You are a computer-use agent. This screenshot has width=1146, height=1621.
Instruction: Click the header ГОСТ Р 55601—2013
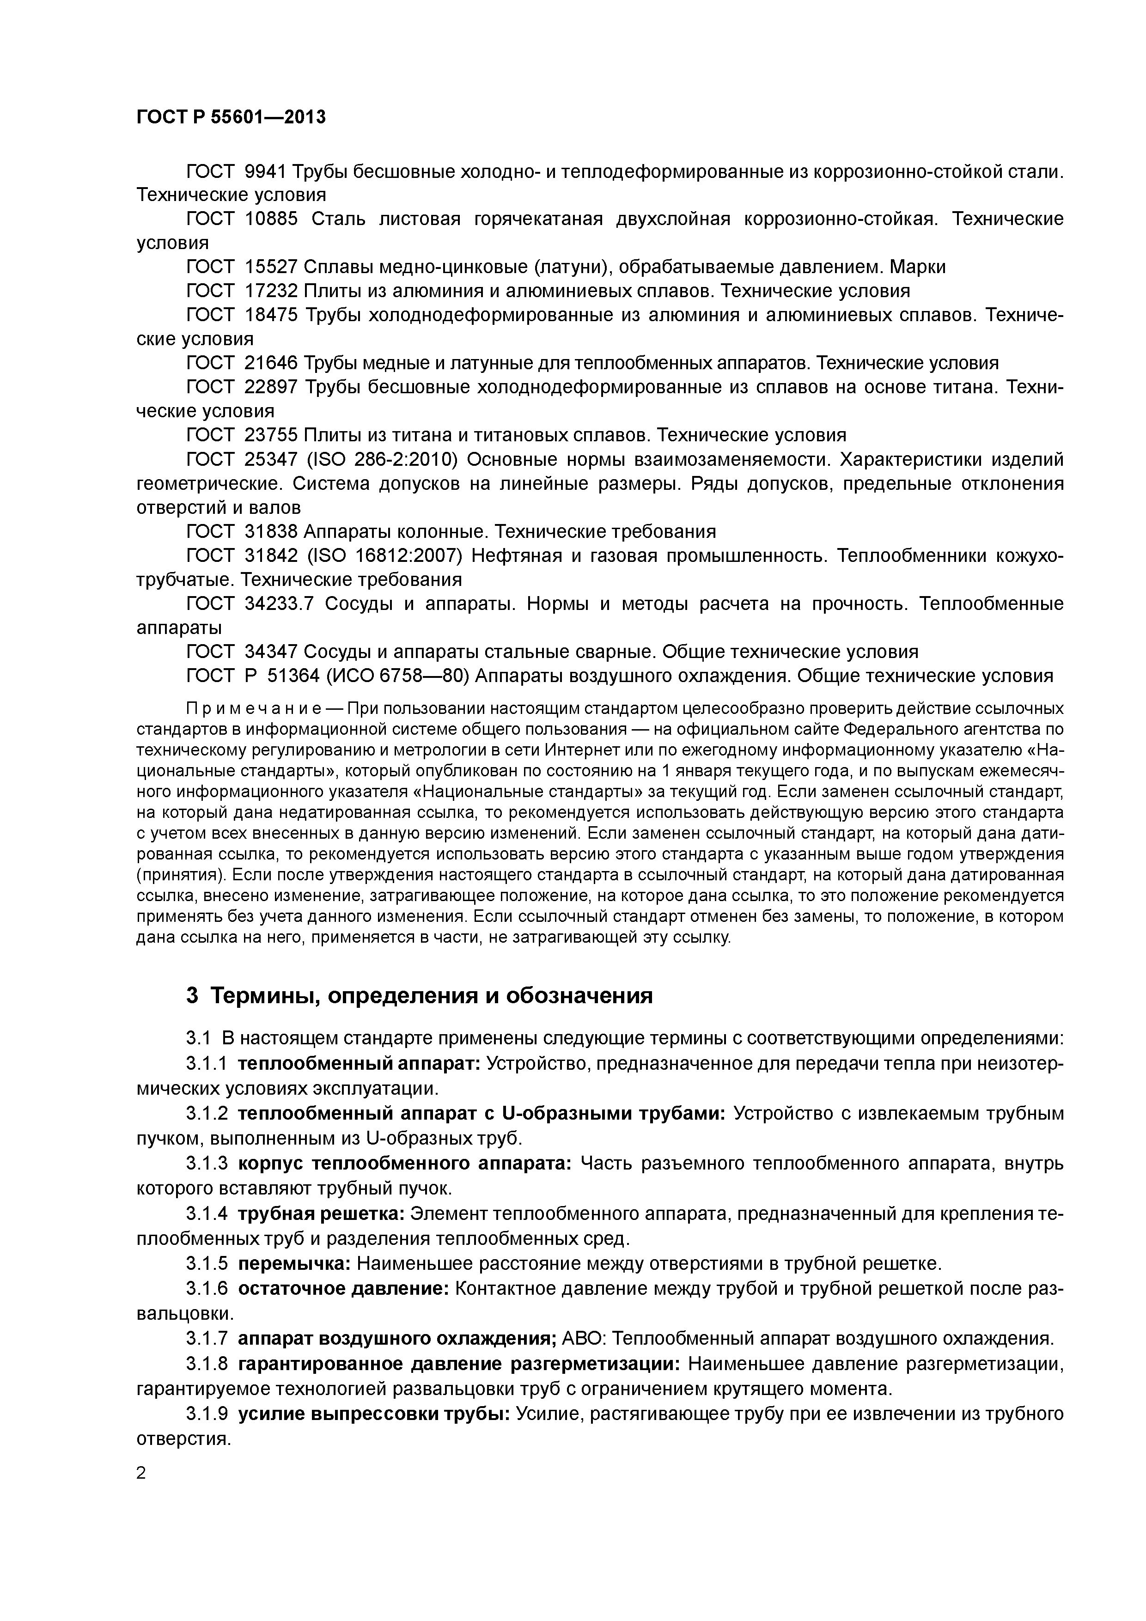coord(231,117)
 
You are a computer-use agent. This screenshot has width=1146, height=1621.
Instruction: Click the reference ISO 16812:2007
coord(385,555)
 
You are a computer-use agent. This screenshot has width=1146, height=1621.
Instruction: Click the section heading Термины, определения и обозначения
coord(432,995)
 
